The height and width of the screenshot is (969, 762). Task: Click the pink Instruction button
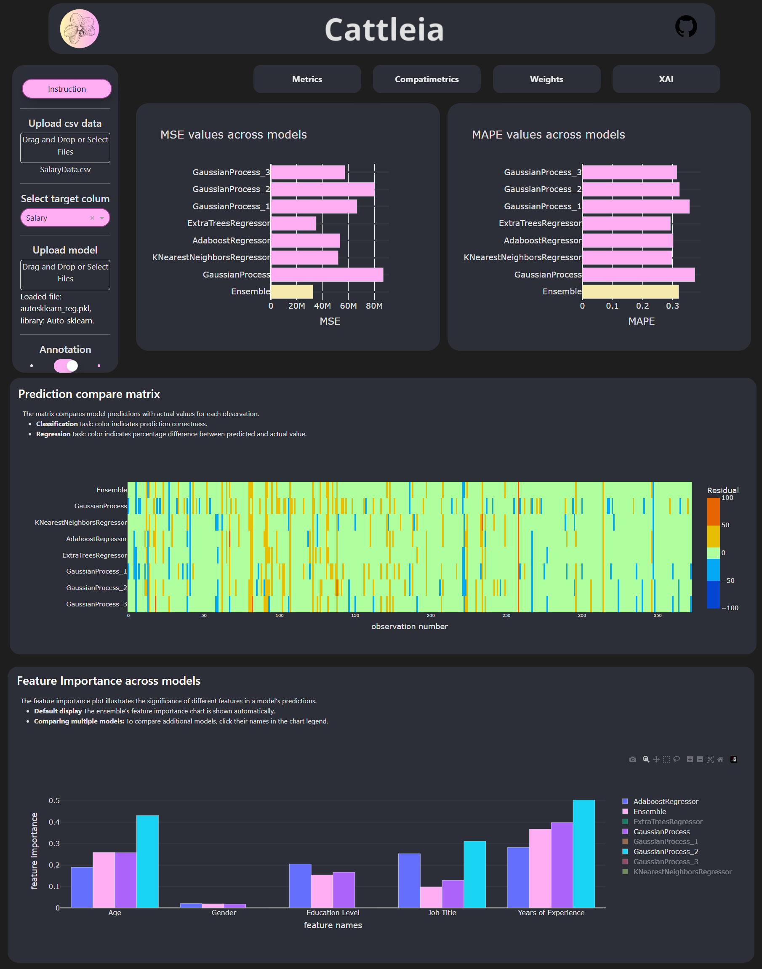click(67, 89)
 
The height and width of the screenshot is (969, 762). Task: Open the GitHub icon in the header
click(686, 27)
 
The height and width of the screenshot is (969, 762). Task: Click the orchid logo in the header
click(80, 29)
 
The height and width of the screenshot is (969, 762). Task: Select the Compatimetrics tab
click(426, 79)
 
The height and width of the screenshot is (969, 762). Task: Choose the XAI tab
click(666, 79)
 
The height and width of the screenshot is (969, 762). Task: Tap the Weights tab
click(546, 79)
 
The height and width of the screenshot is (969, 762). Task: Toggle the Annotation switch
click(66, 366)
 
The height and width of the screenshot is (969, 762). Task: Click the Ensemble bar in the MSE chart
click(292, 291)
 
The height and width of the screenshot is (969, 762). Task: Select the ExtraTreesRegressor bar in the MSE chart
click(293, 223)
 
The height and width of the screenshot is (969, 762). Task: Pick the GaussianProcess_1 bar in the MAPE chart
click(635, 206)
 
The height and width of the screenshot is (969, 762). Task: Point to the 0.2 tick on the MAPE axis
click(642, 306)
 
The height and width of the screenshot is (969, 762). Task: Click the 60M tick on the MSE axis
click(348, 306)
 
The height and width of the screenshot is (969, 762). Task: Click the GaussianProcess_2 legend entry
click(665, 852)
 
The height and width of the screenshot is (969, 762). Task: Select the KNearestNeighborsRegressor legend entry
click(682, 872)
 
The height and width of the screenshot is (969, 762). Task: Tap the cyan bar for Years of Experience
click(583, 853)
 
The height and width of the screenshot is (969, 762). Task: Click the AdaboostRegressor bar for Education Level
click(300, 886)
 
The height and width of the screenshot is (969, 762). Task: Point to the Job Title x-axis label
click(442, 913)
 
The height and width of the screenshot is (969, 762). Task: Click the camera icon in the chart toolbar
click(632, 759)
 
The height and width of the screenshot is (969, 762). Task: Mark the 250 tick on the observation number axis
click(506, 616)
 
